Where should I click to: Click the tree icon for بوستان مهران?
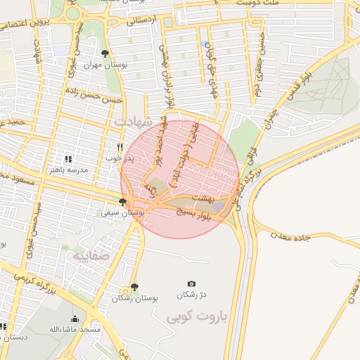105,53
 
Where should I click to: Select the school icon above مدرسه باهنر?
68,159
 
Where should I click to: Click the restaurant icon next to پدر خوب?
120,148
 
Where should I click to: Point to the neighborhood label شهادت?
129,122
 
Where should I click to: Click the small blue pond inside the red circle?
219,205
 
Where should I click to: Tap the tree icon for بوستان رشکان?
134,288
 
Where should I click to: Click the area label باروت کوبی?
193,317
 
